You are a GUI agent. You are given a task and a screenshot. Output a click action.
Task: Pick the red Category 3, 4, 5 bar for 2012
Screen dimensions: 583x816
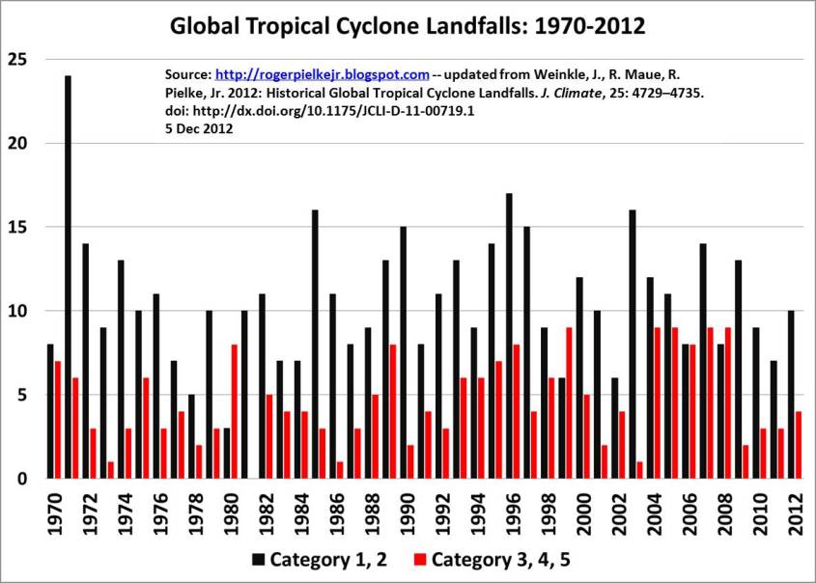[x=799, y=445]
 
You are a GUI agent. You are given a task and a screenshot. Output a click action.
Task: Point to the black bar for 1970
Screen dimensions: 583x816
[x=50, y=411]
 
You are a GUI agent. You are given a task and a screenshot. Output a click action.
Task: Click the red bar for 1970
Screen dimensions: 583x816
[x=58, y=420]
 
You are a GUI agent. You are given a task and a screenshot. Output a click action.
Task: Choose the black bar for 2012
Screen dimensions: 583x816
[x=791, y=395]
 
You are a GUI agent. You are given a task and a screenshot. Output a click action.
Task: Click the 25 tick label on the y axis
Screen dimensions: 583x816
[x=17, y=60]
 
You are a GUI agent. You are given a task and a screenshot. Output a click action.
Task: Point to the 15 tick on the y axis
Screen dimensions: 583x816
[x=17, y=228]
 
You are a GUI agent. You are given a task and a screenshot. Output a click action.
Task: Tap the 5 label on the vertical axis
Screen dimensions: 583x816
[x=22, y=396]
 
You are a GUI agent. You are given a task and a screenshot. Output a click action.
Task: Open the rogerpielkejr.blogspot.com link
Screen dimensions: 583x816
[x=322, y=74]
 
